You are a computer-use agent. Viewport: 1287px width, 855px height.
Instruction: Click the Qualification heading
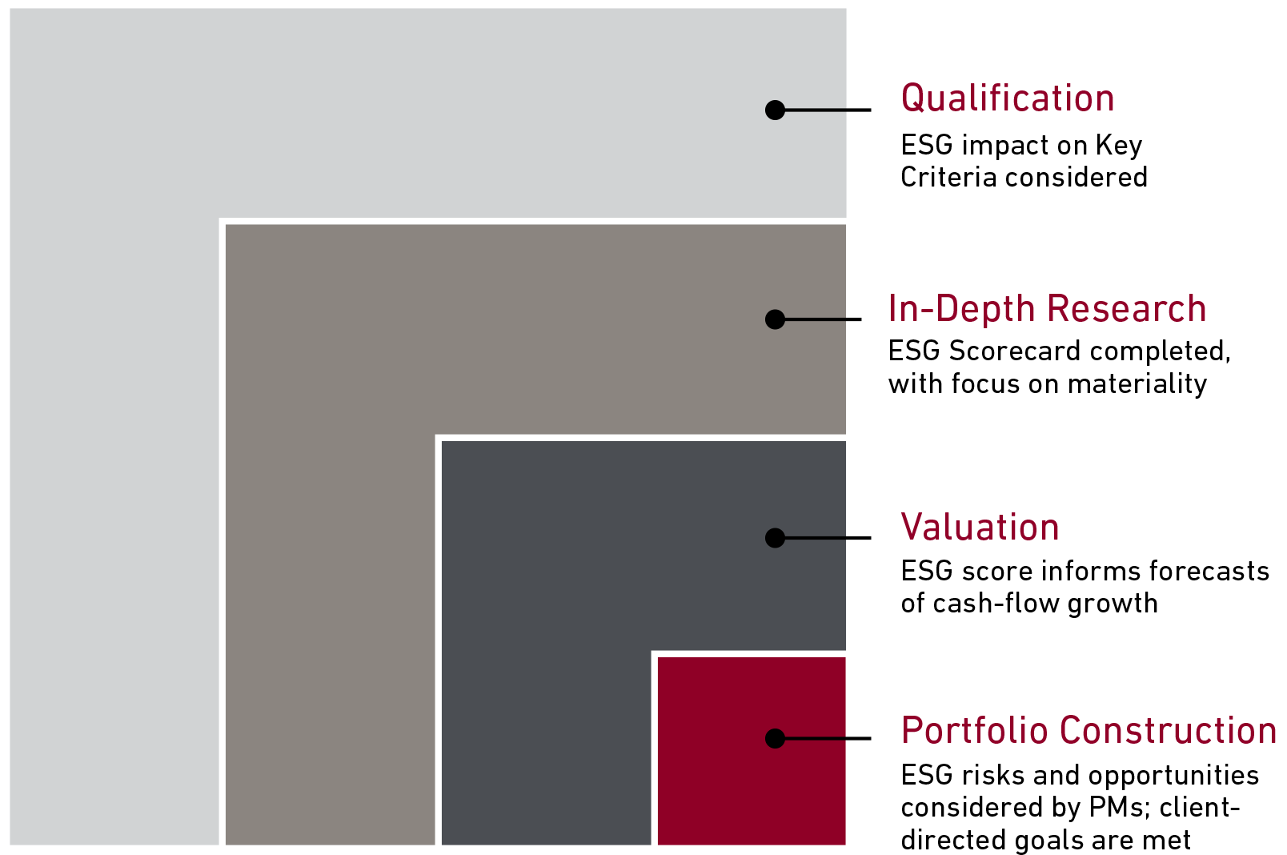click(1007, 98)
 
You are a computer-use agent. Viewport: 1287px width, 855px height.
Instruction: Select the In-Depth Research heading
click(1047, 308)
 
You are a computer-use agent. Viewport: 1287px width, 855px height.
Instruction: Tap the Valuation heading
click(980, 527)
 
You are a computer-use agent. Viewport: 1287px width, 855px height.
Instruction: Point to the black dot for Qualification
click(775, 110)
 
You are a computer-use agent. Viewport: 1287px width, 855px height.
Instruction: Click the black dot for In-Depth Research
click(775, 319)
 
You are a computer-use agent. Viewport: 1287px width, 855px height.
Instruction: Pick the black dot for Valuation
click(775, 538)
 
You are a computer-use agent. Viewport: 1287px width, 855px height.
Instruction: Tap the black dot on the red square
click(775, 738)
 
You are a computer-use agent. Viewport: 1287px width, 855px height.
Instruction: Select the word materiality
click(1137, 383)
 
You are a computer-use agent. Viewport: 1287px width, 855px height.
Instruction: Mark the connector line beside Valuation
click(828, 538)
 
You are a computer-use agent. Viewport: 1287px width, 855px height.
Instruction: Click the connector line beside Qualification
click(828, 110)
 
